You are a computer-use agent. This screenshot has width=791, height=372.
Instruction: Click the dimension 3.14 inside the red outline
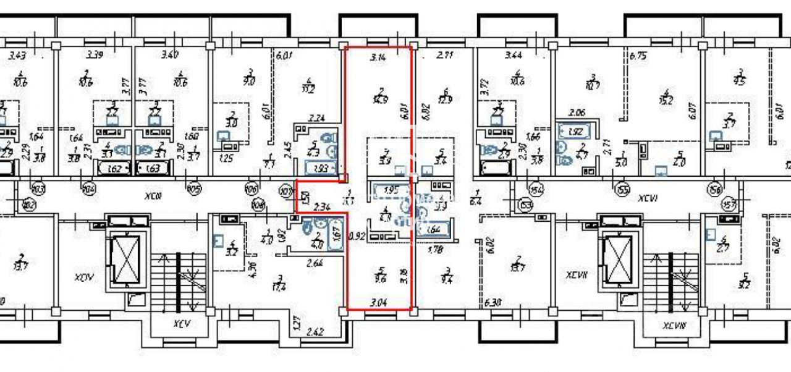(377, 57)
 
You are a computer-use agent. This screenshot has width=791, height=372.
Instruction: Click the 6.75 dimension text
(637, 54)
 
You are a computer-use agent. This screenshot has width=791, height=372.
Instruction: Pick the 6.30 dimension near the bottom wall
(493, 303)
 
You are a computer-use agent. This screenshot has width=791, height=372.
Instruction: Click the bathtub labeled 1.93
(321, 167)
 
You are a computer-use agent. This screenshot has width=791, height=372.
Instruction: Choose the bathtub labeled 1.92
(576, 132)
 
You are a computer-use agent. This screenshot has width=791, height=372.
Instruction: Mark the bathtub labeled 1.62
(112, 169)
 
